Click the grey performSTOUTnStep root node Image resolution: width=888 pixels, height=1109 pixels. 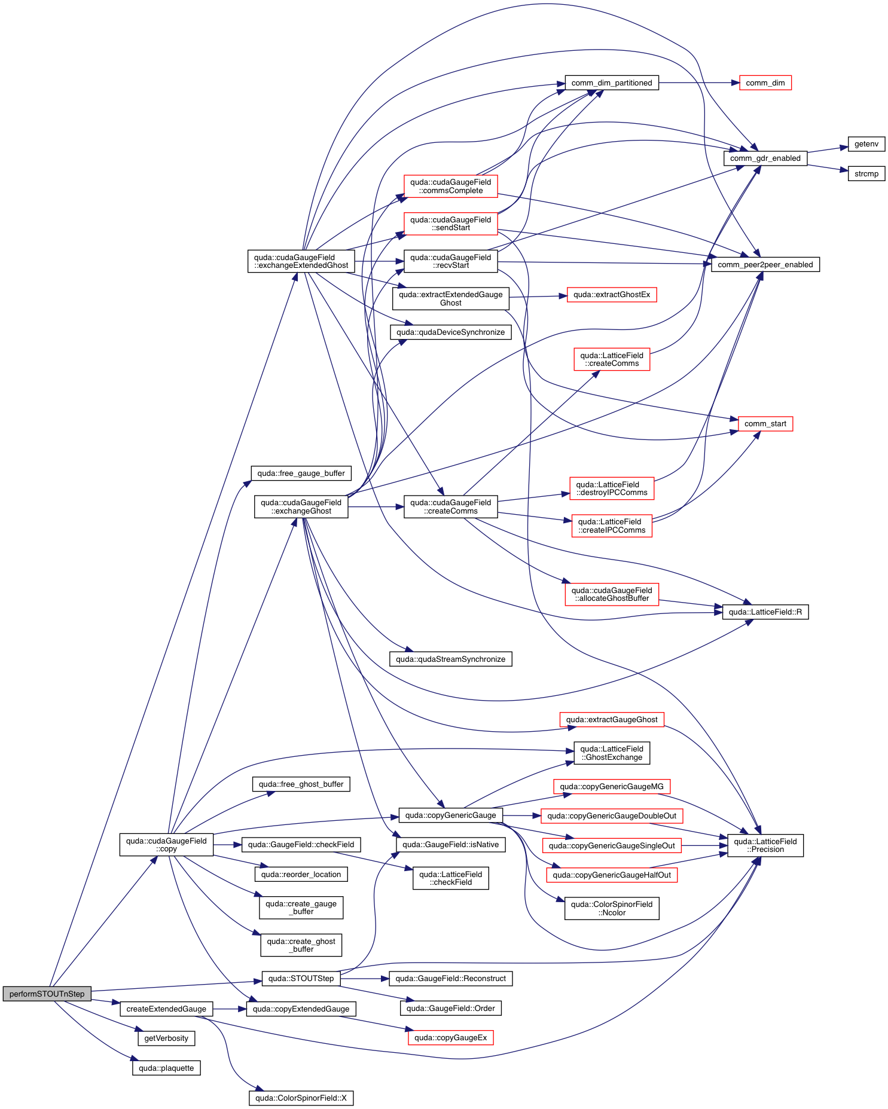pyautogui.click(x=47, y=994)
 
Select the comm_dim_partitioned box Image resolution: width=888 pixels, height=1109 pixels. pyautogui.click(x=611, y=83)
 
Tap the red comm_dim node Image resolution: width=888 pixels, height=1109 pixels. pyautogui.click(x=765, y=83)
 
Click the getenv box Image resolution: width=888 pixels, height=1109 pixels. pyautogui.click(x=866, y=144)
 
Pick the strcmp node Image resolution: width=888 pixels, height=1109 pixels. pyautogui.click(x=866, y=174)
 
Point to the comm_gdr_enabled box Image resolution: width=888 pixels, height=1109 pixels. pyautogui.click(x=765, y=158)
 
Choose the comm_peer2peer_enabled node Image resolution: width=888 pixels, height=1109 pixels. pyautogui.click(x=765, y=265)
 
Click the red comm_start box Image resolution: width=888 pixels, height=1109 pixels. pyautogui.click(x=765, y=424)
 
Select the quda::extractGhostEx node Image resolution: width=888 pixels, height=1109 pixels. pyautogui.click(x=611, y=295)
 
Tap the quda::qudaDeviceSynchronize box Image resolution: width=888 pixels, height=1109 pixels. pyautogui.click(x=450, y=332)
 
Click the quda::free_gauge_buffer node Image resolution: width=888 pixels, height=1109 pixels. pyautogui.click(x=301, y=473)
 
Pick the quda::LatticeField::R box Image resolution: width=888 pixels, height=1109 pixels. pyautogui.click(x=765, y=612)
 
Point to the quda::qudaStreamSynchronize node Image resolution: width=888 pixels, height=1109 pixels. pyautogui.click(x=450, y=659)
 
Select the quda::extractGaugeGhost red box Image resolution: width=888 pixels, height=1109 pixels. pyautogui.click(x=611, y=720)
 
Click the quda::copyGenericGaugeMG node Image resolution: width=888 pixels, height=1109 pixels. pyautogui.click(x=611, y=787)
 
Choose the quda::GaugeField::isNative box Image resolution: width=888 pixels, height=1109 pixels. pyautogui.click(x=450, y=845)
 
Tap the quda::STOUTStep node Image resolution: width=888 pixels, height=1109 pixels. pyautogui.click(x=301, y=979)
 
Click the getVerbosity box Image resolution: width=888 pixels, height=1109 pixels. pyautogui.click(x=166, y=1038)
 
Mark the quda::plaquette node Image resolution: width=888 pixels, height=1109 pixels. pyautogui.click(x=166, y=1068)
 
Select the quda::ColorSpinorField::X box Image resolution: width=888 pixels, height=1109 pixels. pyautogui.click(x=301, y=1098)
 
